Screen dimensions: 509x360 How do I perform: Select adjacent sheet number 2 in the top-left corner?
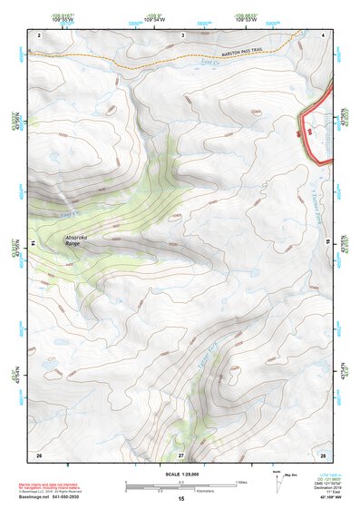coord(41,34)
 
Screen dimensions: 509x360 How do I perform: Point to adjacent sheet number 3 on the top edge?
coord(182,34)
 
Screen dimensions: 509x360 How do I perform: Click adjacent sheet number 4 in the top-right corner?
coord(324,34)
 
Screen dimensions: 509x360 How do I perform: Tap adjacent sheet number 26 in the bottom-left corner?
coord(39,454)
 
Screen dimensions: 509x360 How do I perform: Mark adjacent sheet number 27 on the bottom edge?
coord(181,454)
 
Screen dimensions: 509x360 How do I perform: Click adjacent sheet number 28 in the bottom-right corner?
coord(323,454)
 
